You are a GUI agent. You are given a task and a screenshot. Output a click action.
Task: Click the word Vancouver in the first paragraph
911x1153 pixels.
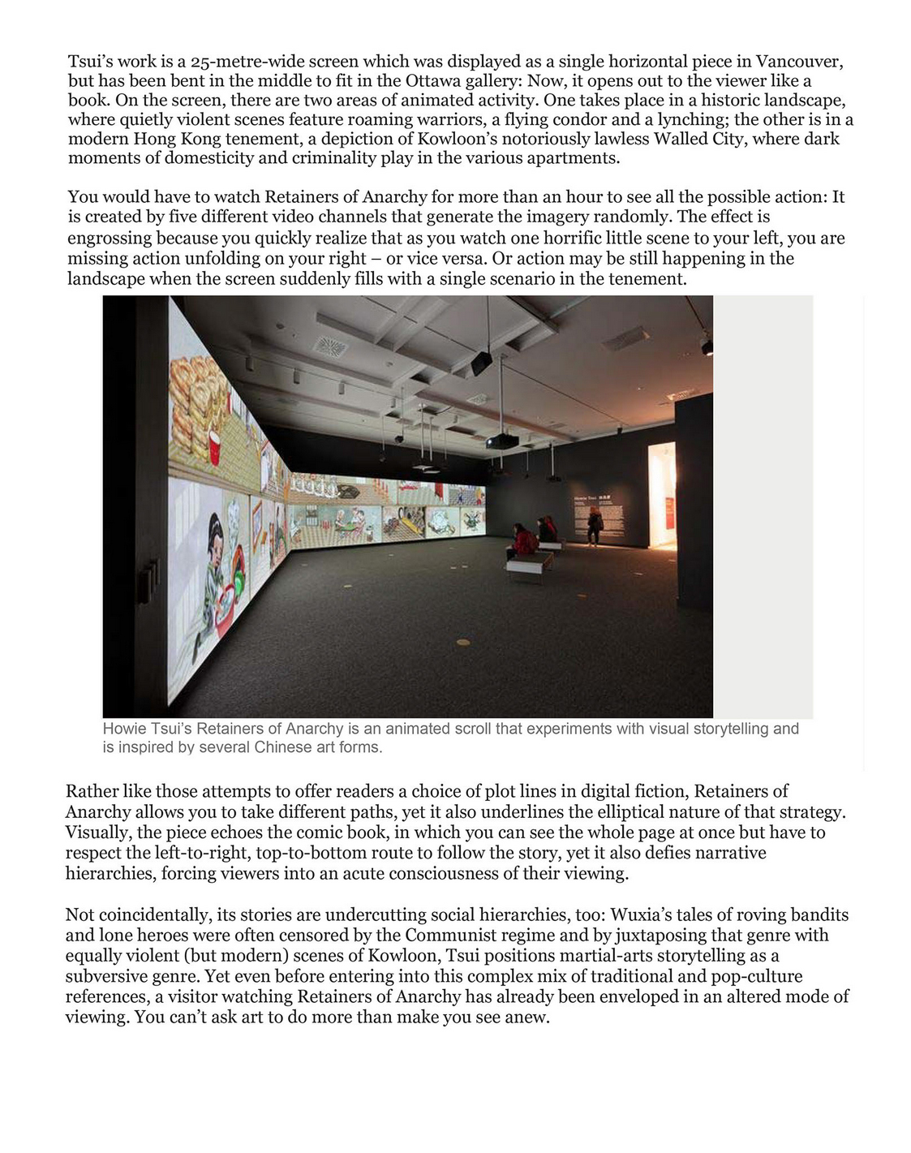coord(799,62)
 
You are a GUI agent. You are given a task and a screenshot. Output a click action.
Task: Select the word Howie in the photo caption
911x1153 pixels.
coord(122,729)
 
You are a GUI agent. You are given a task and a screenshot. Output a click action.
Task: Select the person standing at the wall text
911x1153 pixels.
coord(595,524)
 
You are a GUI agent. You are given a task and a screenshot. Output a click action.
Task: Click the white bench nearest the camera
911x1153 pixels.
coord(530,561)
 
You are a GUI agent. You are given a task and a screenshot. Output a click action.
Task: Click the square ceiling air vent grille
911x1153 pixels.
coord(330,346)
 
